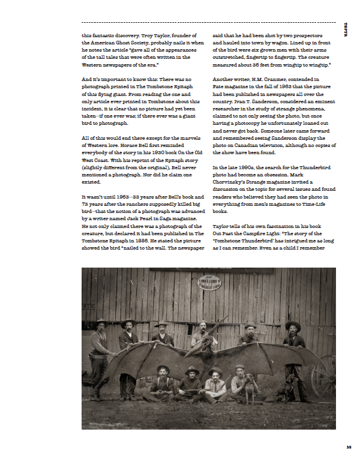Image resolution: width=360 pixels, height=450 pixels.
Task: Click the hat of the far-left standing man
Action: [x=100, y=323]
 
